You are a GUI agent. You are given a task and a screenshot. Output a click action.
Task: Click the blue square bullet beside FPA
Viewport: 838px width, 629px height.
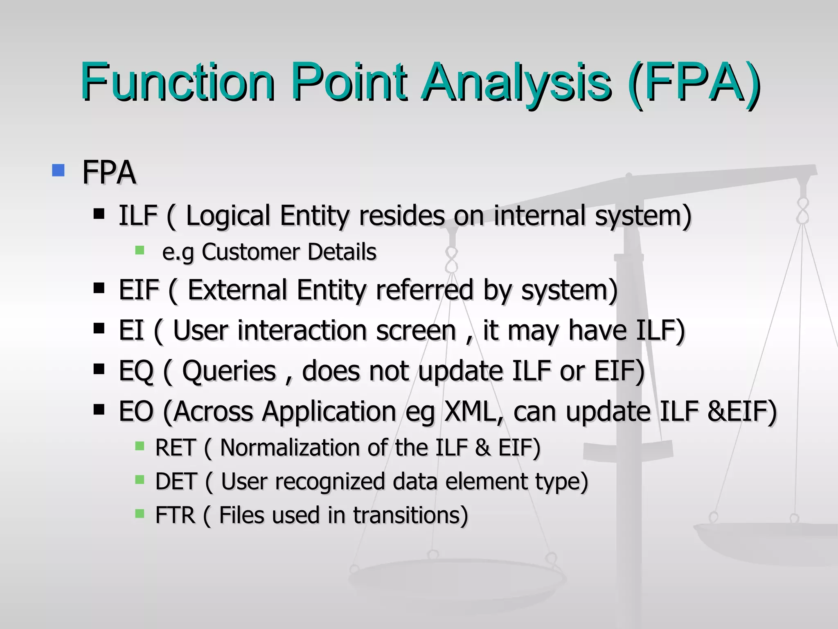coord(59,170)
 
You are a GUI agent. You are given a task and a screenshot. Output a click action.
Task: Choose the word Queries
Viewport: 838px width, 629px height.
coord(229,371)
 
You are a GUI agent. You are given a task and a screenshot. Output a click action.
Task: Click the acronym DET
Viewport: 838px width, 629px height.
coord(176,481)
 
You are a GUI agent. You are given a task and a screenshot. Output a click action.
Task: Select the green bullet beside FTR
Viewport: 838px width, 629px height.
coord(140,514)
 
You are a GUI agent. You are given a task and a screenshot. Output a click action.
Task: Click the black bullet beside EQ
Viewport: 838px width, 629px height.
coord(99,369)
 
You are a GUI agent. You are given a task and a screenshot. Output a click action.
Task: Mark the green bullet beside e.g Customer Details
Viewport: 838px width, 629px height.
coord(140,250)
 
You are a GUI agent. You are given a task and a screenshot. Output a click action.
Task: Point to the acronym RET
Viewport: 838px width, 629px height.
coord(175,447)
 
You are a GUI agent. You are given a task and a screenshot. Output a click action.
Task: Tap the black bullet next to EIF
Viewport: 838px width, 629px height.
coord(99,288)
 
